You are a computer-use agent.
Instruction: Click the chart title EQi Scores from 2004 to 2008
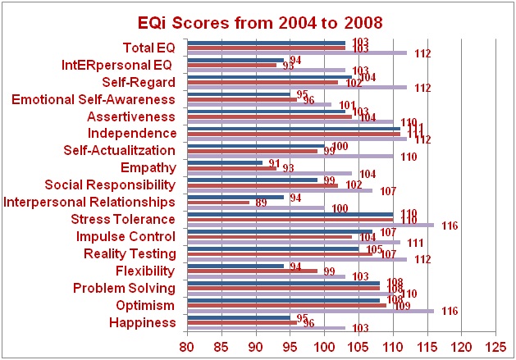point(258,21)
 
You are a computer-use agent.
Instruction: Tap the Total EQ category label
point(148,47)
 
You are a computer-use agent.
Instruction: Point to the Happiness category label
point(142,322)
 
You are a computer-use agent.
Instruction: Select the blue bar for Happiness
point(239,317)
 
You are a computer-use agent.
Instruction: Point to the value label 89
point(261,203)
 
